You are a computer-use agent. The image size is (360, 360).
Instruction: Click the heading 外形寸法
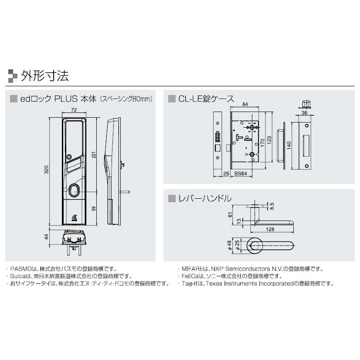tap(44, 76)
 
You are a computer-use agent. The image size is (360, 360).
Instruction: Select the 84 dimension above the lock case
tap(246, 104)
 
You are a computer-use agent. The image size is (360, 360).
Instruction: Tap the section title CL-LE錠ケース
tap(206, 98)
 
